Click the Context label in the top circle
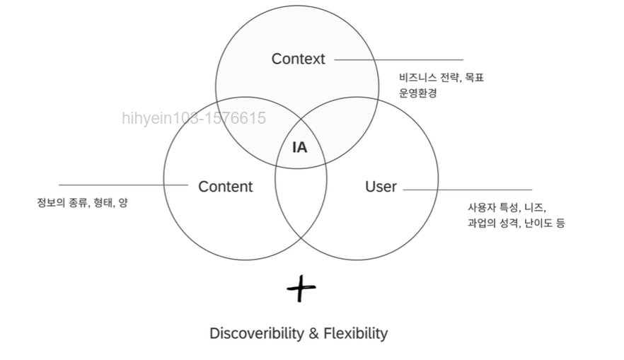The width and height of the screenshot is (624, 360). point(298,59)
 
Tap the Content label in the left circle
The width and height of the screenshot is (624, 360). point(225,187)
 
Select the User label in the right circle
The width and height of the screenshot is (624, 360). point(381,187)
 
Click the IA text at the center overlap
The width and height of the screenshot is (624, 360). point(300,148)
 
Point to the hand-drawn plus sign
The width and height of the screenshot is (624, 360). point(301,288)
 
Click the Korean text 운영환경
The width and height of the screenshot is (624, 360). point(417,93)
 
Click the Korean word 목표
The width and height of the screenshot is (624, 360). point(473,78)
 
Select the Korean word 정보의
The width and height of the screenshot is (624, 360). point(51,203)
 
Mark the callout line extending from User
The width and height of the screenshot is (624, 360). point(467,190)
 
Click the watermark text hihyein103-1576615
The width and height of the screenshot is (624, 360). point(194,118)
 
